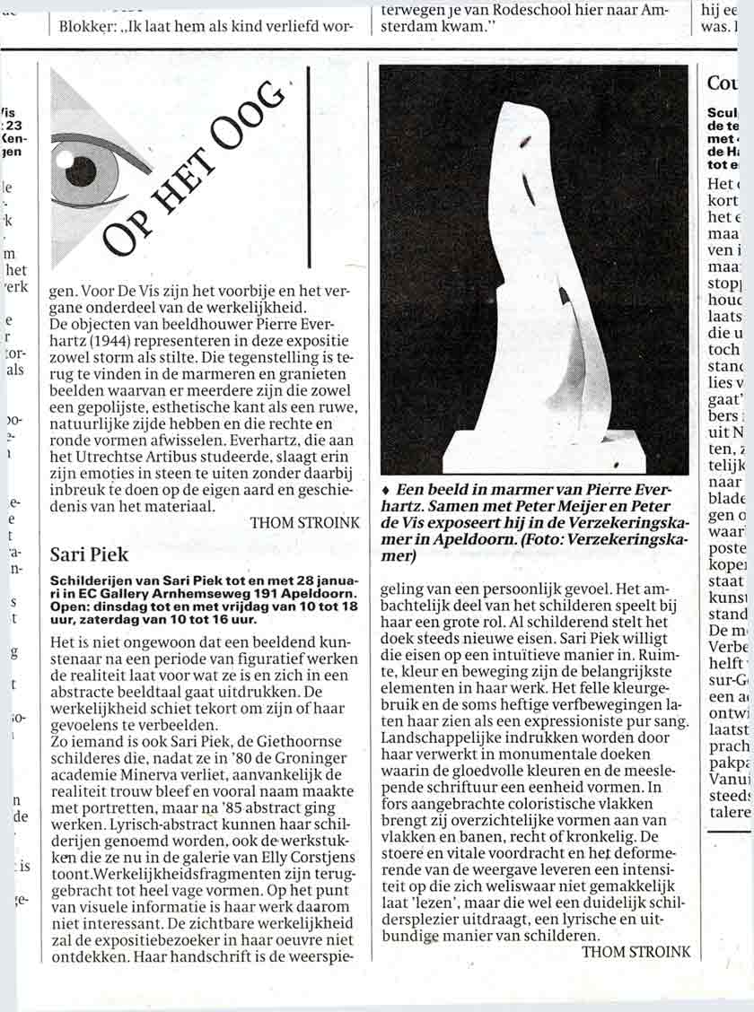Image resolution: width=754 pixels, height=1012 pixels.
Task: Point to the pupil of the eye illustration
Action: click(81, 167)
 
